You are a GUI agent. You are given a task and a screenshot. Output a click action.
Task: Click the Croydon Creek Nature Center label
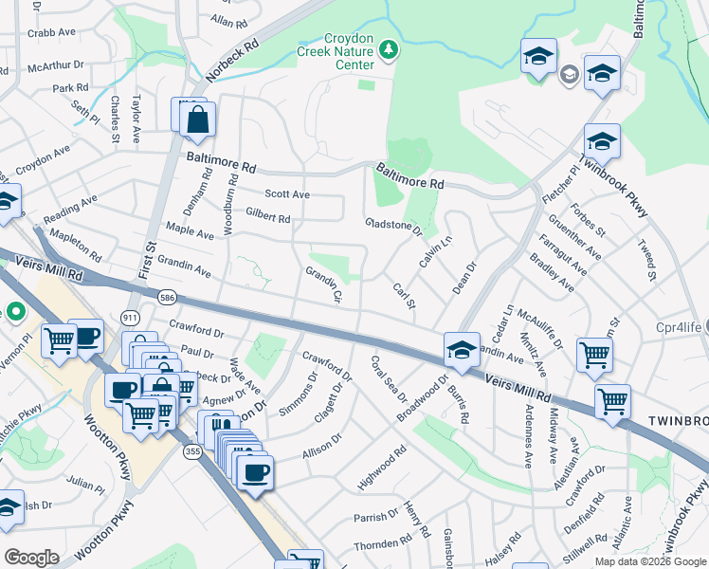click(338, 51)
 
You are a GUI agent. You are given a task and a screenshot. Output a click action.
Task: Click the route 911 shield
click(132, 316)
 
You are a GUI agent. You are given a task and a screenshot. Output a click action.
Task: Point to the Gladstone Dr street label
click(393, 226)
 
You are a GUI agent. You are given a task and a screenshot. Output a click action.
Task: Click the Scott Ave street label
click(287, 194)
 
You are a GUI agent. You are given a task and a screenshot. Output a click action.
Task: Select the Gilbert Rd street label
click(268, 218)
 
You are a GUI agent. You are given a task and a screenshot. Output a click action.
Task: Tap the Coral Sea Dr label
click(389, 378)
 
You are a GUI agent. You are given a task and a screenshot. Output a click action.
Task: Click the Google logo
click(31, 558)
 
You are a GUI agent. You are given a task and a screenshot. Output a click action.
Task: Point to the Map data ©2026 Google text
click(651, 561)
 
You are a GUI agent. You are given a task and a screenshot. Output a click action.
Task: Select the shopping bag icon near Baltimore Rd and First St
click(197, 120)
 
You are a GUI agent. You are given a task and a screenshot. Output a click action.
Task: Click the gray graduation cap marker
click(570, 74)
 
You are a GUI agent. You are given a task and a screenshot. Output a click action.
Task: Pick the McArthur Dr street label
click(56, 67)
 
